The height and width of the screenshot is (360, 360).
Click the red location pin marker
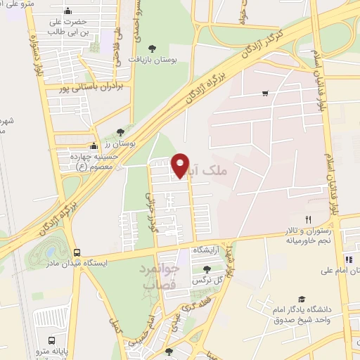(x=181, y=165)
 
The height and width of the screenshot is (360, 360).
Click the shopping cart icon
(x=265, y=93)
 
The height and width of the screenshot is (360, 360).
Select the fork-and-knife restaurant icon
(x=308, y=219)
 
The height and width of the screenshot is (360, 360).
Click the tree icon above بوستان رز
(x=120, y=131)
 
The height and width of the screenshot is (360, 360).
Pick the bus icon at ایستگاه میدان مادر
(x=77, y=253)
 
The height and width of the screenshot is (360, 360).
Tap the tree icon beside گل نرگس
(x=206, y=269)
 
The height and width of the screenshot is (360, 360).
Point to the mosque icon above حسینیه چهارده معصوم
(x=93, y=146)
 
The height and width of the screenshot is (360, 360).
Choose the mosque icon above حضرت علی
(x=67, y=11)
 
